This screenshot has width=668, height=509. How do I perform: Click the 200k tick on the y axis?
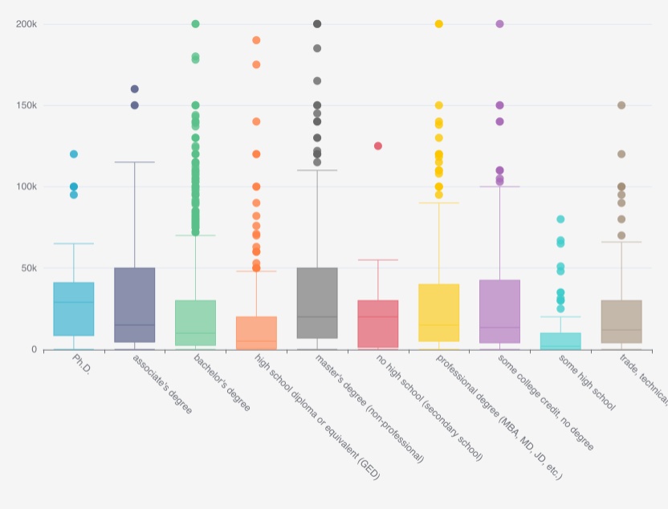point(26,24)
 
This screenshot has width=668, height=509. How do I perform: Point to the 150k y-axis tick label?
point(26,105)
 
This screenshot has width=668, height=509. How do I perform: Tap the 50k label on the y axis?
point(29,267)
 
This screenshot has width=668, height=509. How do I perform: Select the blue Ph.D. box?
point(74,309)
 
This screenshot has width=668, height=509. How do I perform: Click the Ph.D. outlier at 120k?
point(74,154)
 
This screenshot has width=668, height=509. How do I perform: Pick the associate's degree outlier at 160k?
point(135,89)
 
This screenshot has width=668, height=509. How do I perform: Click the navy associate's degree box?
point(135,305)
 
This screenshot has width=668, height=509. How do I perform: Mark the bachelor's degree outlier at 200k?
point(195,24)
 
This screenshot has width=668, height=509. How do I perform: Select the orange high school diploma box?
point(256,332)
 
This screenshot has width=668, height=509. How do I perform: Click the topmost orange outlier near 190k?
point(256,40)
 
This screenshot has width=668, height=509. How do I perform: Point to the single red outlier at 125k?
point(378,146)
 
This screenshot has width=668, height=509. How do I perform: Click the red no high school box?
point(378,324)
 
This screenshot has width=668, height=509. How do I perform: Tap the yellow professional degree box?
point(439,313)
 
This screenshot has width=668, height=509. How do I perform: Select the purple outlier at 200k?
point(499,24)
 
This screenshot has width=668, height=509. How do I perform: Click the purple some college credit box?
point(499,312)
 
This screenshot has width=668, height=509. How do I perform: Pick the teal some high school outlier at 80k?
point(560,219)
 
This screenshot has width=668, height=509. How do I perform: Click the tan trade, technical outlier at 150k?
point(621,105)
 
